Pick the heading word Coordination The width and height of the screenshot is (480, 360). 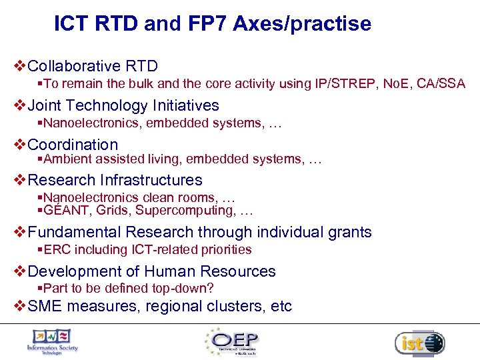click(73, 145)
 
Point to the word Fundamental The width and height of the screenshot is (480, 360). click(75, 232)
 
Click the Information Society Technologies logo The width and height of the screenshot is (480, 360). click(52, 341)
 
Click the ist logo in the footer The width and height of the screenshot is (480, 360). click(419, 343)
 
